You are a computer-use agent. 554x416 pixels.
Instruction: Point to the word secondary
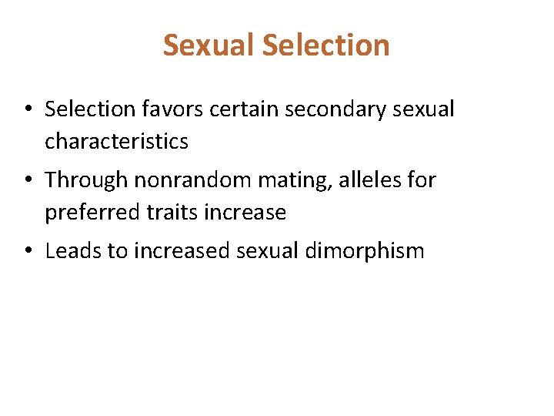click(x=336, y=110)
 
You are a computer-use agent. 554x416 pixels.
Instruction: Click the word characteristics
click(x=116, y=142)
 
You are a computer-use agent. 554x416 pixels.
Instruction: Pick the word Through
click(x=86, y=180)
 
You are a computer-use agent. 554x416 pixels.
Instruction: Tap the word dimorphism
click(x=375, y=251)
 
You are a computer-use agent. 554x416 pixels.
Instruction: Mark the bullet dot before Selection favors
click(x=27, y=110)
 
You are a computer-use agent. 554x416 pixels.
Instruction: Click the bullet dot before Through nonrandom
click(x=27, y=181)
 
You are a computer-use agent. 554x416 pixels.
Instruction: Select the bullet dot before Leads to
click(x=27, y=252)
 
